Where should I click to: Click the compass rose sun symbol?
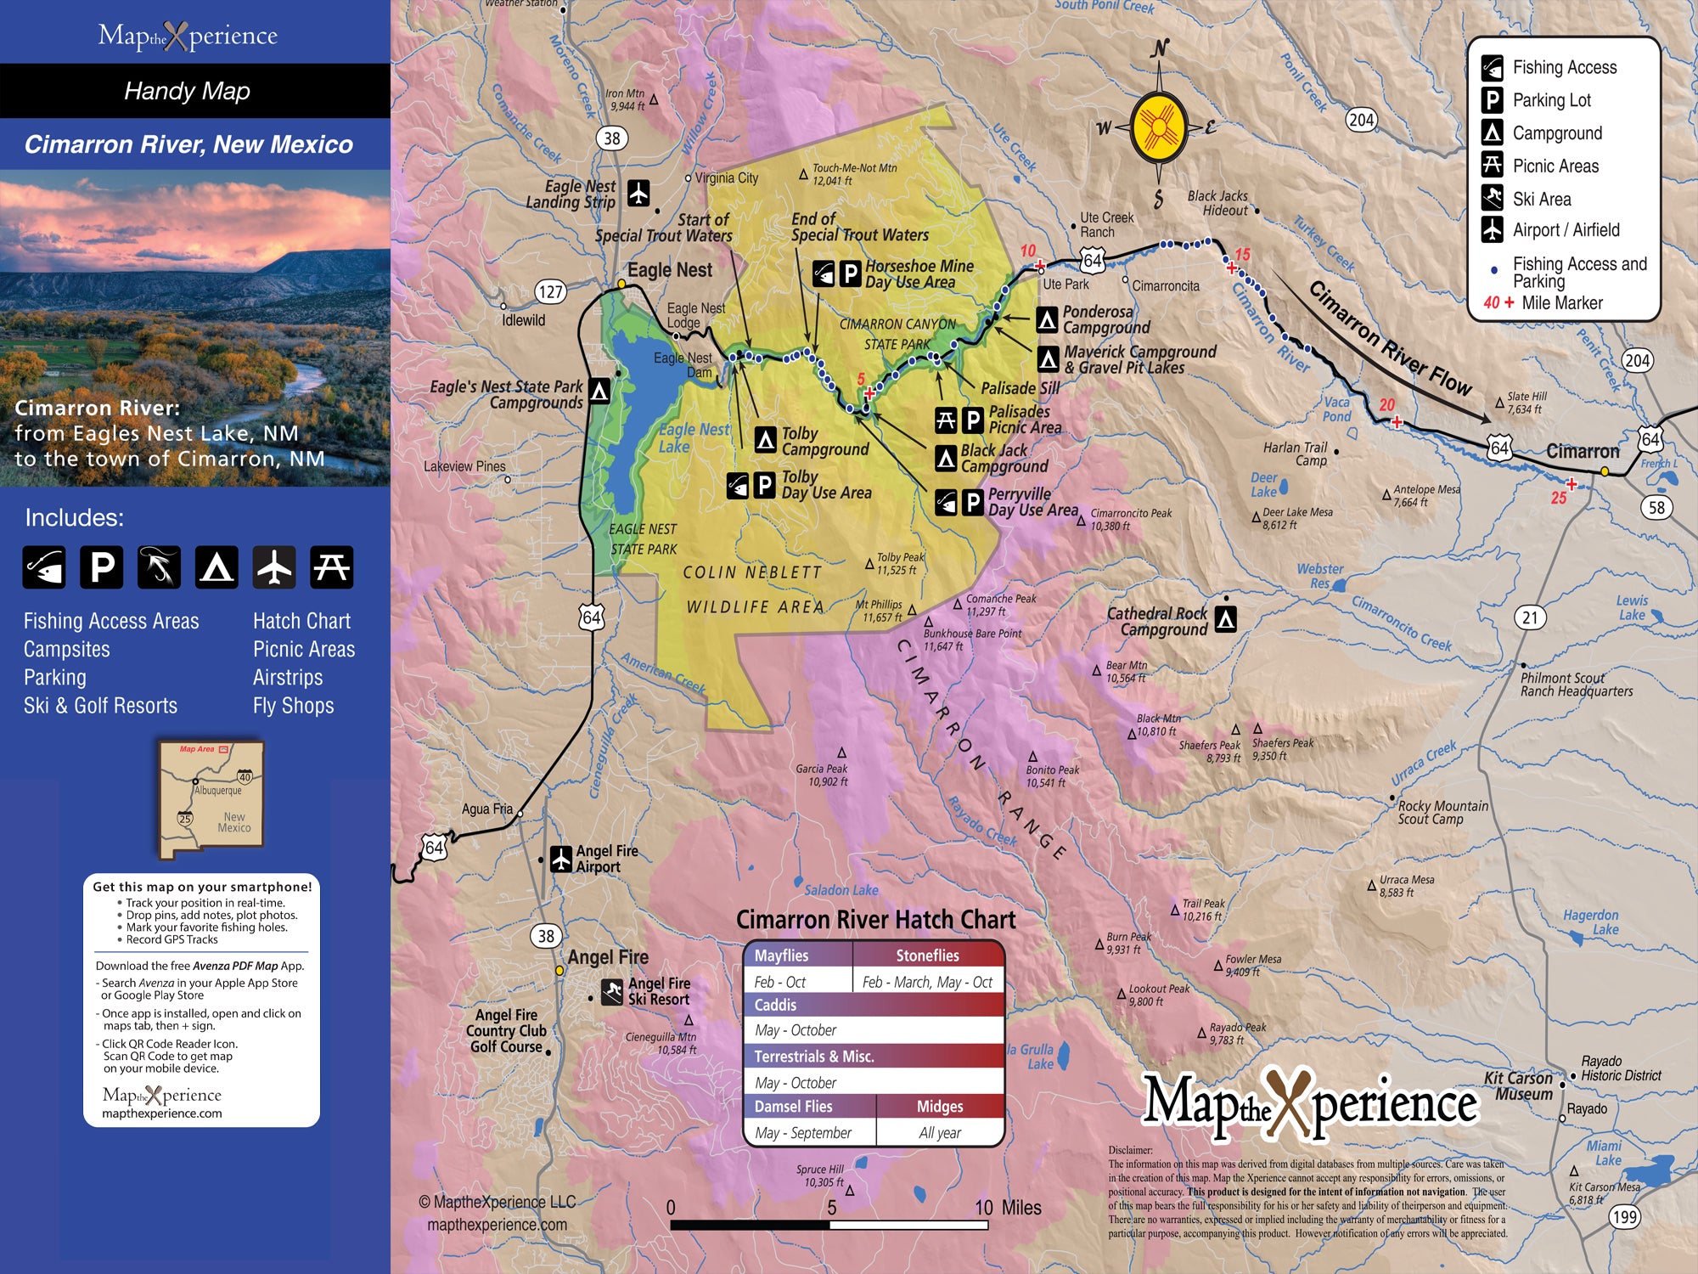[x=1159, y=127]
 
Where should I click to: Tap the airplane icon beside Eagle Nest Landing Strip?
[x=638, y=193]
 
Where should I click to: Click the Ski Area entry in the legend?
[x=1541, y=199]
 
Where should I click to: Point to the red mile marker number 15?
[x=1243, y=254]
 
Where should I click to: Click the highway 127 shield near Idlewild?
[x=550, y=292]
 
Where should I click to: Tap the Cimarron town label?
[x=1583, y=451]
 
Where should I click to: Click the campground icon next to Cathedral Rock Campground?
[x=1225, y=619]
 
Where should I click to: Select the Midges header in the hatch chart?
[x=940, y=1106]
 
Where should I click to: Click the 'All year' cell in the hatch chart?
[x=940, y=1132]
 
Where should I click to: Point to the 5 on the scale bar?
[x=831, y=1207]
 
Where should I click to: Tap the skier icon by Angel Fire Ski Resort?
[x=612, y=991]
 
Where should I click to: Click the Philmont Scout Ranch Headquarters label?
[x=1576, y=685]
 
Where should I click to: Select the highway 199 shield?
[x=1624, y=1216]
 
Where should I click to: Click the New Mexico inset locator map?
[x=211, y=799]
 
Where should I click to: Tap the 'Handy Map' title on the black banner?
[x=187, y=91]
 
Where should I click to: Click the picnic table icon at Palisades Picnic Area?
[x=946, y=420]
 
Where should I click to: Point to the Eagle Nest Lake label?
[x=693, y=437]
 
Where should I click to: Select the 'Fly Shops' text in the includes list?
[x=293, y=705]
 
